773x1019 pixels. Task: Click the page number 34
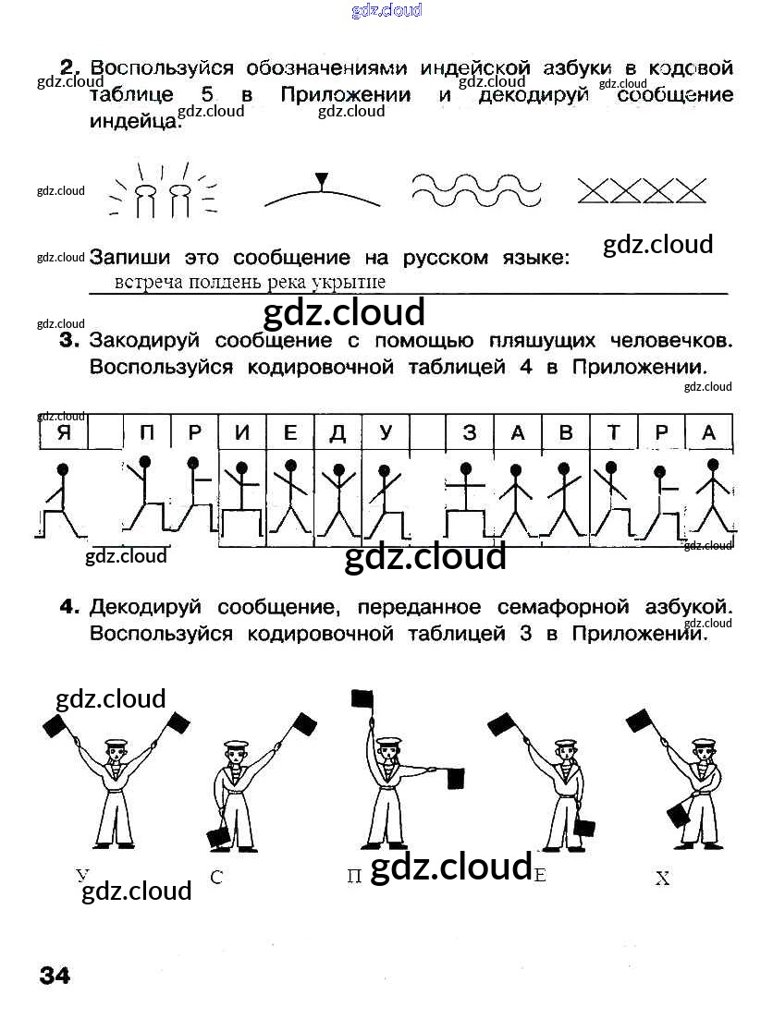[54, 976]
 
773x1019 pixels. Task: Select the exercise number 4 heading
[67, 607]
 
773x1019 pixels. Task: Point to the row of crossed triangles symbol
[641, 190]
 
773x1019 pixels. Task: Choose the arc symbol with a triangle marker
[321, 191]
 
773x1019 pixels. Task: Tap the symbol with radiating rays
[163, 191]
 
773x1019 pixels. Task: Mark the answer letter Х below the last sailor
[662, 879]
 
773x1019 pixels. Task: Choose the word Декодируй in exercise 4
[147, 607]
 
